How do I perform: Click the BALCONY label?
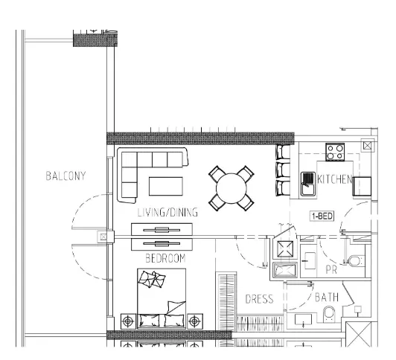click(x=66, y=176)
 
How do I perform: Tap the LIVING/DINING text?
click(x=167, y=213)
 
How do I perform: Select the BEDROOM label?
click(x=166, y=258)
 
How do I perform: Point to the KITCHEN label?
click(x=334, y=179)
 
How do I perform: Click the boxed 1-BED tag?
click(x=322, y=216)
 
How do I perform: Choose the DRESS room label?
click(x=259, y=299)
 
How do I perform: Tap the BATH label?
click(x=327, y=298)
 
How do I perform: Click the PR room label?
click(x=331, y=270)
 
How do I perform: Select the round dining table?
click(x=231, y=188)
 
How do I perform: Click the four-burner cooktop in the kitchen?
click(x=335, y=152)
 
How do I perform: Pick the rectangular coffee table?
click(x=166, y=186)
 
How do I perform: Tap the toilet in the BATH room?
click(x=329, y=314)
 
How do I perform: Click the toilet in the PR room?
click(x=355, y=261)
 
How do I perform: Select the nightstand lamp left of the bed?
click(x=128, y=321)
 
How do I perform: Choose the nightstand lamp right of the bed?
click(x=194, y=321)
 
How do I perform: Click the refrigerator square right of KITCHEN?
click(x=362, y=186)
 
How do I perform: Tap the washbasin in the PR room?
click(x=310, y=260)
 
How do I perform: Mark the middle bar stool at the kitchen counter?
click(x=283, y=170)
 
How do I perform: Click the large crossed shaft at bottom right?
click(x=358, y=334)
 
